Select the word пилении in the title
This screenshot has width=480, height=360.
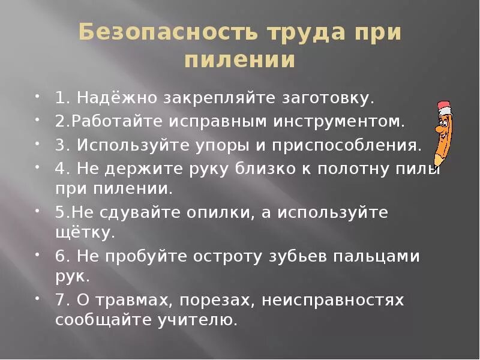[x=239, y=61]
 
